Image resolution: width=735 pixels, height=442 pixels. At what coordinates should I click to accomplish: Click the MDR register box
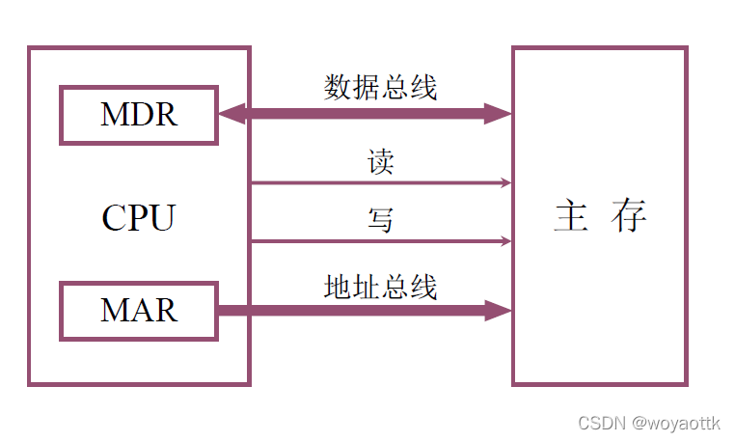pyautogui.click(x=139, y=115)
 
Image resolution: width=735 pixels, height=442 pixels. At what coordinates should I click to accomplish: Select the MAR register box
pyautogui.click(x=139, y=310)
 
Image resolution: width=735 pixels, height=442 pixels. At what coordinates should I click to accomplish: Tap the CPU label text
pyautogui.click(x=138, y=218)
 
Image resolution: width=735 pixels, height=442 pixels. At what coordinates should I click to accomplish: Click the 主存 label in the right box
pyautogui.click(x=599, y=216)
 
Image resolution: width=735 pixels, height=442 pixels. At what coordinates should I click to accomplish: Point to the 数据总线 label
pyautogui.click(x=381, y=88)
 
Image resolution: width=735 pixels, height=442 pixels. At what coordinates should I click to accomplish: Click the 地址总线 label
pyautogui.click(x=381, y=287)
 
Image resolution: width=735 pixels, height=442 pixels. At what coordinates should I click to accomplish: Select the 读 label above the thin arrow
pyautogui.click(x=381, y=161)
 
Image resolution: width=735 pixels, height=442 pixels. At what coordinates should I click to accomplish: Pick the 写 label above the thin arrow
pyautogui.click(x=381, y=220)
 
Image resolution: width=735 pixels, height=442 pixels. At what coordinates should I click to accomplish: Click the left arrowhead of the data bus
pyautogui.click(x=231, y=115)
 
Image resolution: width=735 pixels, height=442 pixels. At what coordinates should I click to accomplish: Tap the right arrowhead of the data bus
pyautogui.click(x=499, y=114)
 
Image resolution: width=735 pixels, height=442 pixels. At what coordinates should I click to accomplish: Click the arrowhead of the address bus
pyautogui.click(x=499, y=310)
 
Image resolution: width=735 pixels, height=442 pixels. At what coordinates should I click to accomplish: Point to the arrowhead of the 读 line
pyautogui.click(x=505, y=182)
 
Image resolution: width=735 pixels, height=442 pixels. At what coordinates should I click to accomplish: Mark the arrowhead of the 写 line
pyautogui.click(x=505, y=240)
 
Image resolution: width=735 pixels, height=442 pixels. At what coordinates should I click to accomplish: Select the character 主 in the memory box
pyautogui.click(x=571, y=216)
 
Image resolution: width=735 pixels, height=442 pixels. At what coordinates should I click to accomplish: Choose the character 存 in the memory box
pyautogui.click(x=628, y=216)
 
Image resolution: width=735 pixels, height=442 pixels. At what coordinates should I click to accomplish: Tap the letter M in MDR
pyautogui.click(x=113, y=115)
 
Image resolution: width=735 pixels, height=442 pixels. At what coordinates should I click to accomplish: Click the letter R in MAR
pyautogui.click(x=167, y=310)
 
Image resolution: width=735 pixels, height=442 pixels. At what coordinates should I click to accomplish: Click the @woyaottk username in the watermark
pyautogui.click(x=674, y=423)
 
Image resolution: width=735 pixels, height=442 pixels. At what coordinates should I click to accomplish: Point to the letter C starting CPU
pyautogui.click(x=114, y=218)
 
